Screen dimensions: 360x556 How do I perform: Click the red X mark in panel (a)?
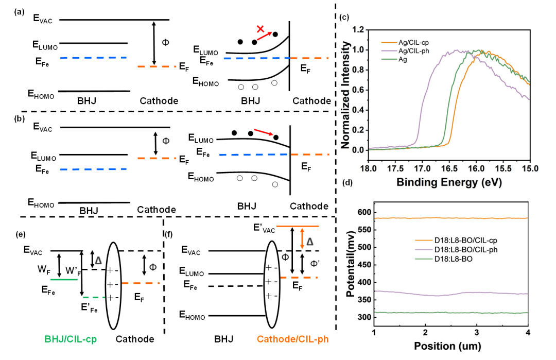coord(260,29)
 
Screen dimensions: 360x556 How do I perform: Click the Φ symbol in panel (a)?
coord(165,42)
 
